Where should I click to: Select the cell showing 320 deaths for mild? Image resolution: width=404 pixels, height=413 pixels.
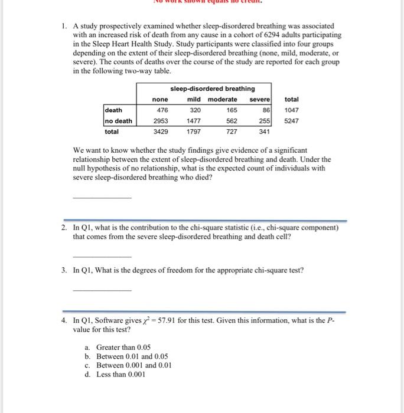pyautogui.click(x=194, y=110)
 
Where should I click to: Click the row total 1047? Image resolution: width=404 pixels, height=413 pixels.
pyautogui.click(x=292, y=110)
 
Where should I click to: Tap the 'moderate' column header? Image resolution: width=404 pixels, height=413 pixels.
pyautogui.click(x=223, y=99)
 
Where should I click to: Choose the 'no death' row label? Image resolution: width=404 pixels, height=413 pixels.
pyautogui.click(x=118, y=121)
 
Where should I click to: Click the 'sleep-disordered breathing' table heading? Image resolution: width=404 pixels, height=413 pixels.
pyautogui.click(x=213, y=88)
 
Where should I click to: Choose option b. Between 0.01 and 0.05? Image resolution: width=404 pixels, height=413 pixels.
pyautogui.click(x=126, y=356)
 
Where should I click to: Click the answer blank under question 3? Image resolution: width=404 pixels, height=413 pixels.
pyautogui.click(x=102, y=290)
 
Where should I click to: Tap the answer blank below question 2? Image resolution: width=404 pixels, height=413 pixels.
pyautogui.click(x=102, y=256)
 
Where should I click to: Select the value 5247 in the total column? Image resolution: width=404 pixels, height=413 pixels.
pyautogui.click(x=292, y=121)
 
